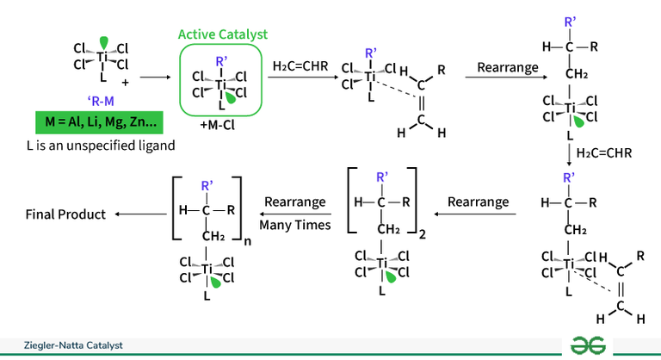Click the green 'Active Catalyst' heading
(222, 34)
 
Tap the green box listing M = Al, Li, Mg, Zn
(101, 119)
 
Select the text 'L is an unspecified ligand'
(101, 146)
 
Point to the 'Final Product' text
(65, 214)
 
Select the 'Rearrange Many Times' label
(295, 214)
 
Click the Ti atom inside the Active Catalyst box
(221, 85)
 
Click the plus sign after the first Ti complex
(125, 82)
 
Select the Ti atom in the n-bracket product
(207, 270)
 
